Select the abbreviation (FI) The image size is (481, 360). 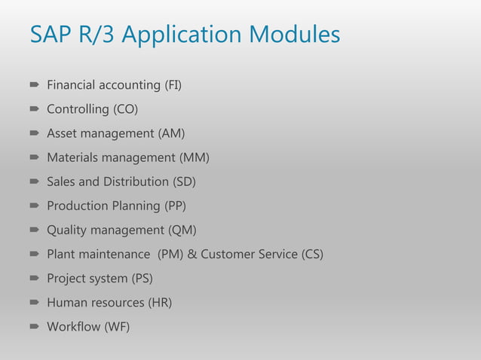pos(173,85)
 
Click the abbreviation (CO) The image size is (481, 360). pos(126,109)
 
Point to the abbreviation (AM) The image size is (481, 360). pos(171,133)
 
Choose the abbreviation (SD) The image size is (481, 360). pos(183,182)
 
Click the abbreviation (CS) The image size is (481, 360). pos(311,254)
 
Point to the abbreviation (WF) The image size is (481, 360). pos(116,326)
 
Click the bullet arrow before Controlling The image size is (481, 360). pos(35,110)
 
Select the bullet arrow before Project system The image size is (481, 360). pos(35,279)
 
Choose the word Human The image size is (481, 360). pos(66,302)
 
